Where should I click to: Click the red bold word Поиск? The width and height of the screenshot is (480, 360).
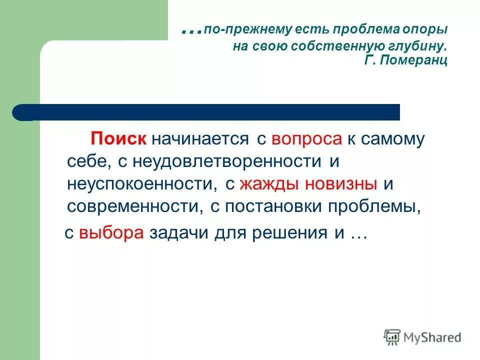point(118,139)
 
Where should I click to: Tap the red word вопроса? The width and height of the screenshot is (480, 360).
point(306,139)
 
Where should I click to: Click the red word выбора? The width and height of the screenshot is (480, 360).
point(111,233)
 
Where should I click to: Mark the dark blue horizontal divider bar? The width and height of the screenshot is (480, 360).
point(210,112)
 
